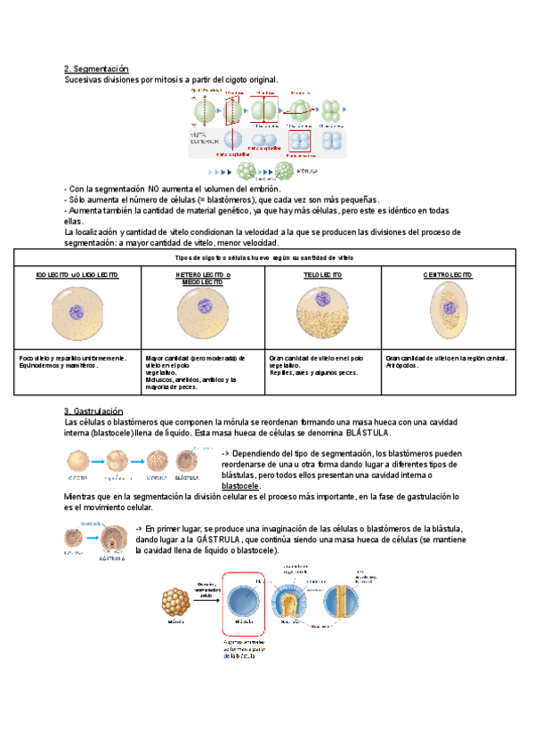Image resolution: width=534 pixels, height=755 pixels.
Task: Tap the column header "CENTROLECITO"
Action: tap(448, 275)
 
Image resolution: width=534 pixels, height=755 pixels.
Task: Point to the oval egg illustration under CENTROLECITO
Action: tap(448, 310)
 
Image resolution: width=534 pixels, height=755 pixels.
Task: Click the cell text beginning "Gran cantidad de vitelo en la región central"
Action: tap(447, 358)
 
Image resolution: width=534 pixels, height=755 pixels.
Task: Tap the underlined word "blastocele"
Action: tap(240, 486)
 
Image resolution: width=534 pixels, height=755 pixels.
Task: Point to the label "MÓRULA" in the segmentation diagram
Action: tap(310, 169)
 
